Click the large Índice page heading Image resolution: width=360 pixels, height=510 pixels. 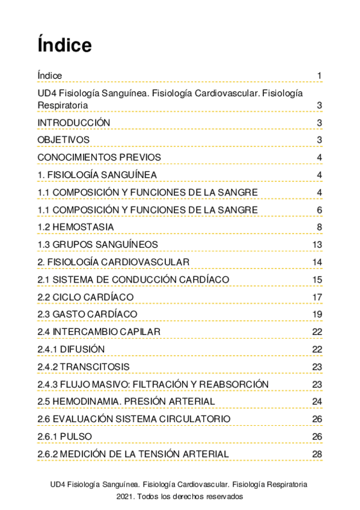64,45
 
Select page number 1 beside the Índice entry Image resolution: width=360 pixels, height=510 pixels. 320,75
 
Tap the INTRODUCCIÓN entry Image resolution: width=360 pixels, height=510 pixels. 73,123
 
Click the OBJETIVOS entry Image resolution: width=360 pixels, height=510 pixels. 63,140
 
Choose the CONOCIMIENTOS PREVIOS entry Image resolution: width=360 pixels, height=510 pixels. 99,158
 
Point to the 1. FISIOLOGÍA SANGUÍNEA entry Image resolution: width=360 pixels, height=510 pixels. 97,175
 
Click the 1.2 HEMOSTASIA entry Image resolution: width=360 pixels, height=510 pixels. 75,227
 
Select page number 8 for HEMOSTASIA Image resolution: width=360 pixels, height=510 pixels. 320,227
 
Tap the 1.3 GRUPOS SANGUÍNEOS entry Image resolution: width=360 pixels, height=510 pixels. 97,244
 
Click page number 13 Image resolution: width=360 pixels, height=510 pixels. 317,244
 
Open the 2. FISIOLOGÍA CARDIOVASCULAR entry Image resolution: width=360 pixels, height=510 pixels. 113,262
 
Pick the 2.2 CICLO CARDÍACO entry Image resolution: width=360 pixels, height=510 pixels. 85,297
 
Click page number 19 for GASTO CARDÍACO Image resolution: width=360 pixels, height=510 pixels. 317,315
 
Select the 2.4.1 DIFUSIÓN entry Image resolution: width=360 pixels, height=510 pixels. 71,349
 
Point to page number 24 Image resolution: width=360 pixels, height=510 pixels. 317,402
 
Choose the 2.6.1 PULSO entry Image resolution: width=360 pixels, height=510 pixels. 64,436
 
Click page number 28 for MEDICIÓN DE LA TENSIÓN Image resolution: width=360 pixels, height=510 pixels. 317,454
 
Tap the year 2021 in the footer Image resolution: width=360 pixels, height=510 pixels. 125,497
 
